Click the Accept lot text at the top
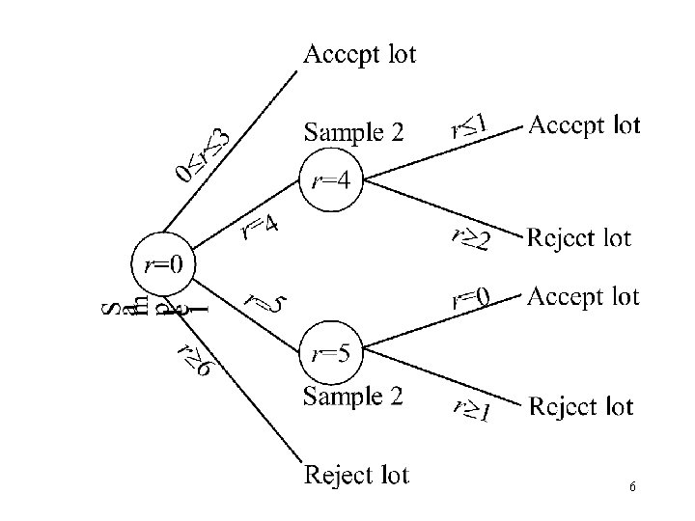pyautogui.click(x=359, y=54)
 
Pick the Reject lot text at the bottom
pyautogui.click(x=356, y=475)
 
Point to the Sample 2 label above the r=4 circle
pyautogui.click(x=353, y=131)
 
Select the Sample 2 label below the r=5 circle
pyautogui.click(x=353, y=396)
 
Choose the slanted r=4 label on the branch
pyautogui.click(x=260, y=227)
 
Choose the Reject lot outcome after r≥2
pyautogui.click(x=579, y=237)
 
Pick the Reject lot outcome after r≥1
pyautogui.click(x=581, y=407)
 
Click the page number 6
pyautogui.click(x=631, y=487)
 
